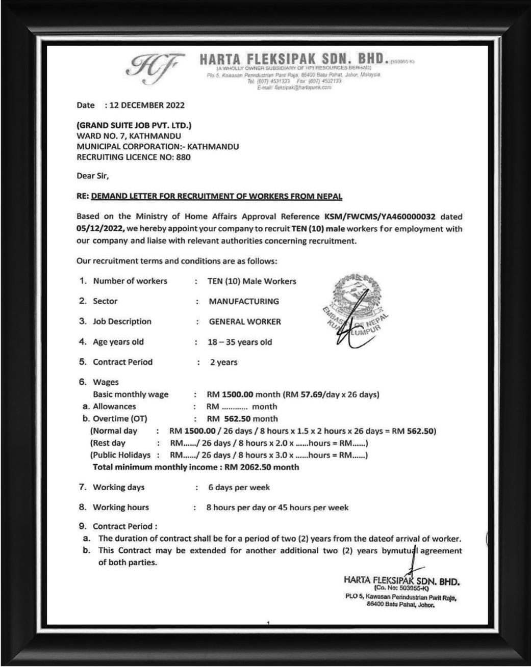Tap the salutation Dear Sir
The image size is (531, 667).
click(x=93, y=176)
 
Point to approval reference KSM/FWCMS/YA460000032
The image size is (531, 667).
click(x=380, y=216)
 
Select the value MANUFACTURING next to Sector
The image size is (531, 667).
click(x=244, y=301)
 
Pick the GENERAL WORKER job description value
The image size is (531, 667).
click(x=245, y=322)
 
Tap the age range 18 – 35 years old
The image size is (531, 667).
click(x=240, y=342)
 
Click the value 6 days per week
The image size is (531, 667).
click(x=239, y=487)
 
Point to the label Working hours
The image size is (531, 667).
click(x=121, y=507)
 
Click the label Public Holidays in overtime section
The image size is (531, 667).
click(x=120, y=455)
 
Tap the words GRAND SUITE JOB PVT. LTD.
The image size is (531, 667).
click(x=134, y=125)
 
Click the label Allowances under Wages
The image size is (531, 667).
click(x=114, y=407)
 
